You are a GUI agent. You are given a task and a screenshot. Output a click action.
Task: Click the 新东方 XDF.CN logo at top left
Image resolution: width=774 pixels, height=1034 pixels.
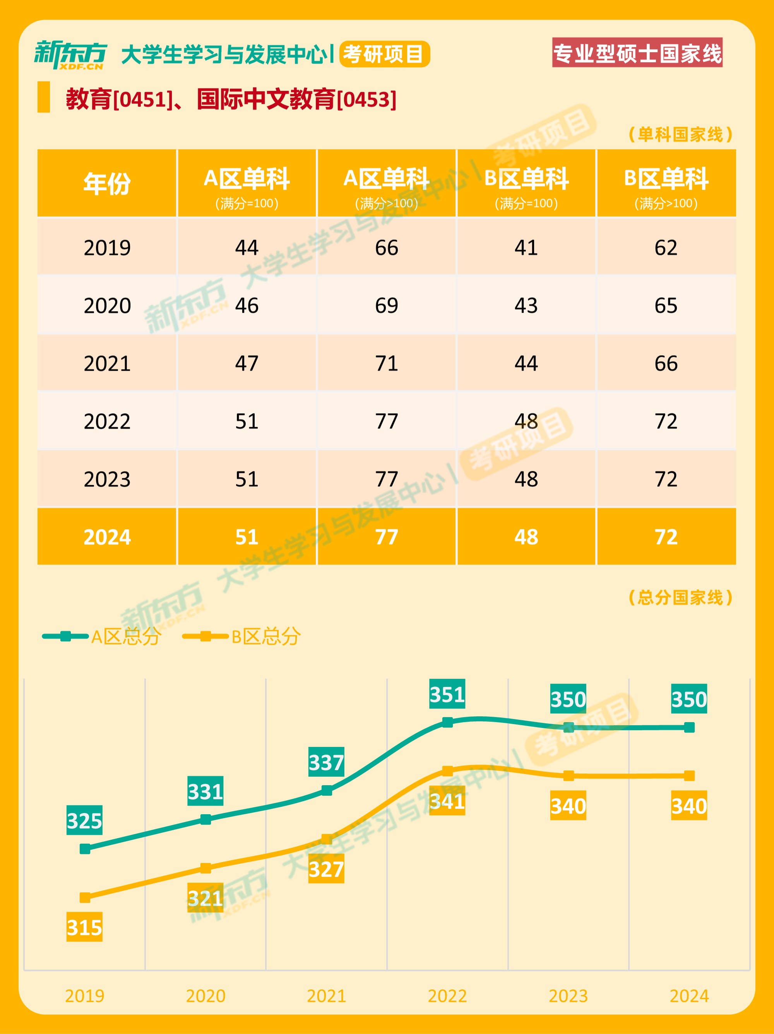pos(70,55)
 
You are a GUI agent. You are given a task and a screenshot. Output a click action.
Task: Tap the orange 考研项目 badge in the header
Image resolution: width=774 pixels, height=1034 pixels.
pos(384,54)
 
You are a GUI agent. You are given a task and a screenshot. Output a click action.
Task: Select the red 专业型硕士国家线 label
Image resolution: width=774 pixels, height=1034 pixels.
pos(637,52)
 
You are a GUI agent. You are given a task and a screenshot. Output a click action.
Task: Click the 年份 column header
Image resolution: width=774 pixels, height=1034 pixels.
pos(107,183)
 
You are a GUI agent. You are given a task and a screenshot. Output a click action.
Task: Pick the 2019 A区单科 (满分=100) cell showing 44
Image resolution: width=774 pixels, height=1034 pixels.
pos(247,247)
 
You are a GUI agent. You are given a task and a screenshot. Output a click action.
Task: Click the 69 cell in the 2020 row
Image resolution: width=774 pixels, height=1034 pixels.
pos(387,305)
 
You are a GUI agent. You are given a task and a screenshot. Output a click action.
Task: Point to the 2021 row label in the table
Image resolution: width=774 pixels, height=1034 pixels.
pos(107,363)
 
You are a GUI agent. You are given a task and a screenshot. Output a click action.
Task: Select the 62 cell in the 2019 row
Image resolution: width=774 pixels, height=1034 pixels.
pos(666,247)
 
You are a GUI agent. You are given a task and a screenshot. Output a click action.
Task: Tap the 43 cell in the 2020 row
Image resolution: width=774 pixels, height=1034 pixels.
pos(526,305)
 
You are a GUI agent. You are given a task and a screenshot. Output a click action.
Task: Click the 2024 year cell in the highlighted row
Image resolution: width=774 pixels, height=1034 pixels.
pos(107,537)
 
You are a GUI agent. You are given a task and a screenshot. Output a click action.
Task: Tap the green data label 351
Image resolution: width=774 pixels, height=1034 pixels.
pos(447,694)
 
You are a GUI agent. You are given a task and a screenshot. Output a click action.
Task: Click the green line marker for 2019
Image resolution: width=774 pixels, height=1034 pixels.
pos(85,848)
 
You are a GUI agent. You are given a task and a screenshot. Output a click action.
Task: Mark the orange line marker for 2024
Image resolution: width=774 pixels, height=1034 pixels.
pos(689,775)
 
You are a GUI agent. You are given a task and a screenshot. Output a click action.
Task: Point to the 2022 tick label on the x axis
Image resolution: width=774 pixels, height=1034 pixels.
pos(447,996)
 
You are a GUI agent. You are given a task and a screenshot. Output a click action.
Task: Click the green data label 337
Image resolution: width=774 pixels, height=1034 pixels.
pos(326,762)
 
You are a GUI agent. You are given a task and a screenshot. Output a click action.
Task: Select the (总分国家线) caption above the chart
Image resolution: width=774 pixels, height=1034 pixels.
pos(680,597)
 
